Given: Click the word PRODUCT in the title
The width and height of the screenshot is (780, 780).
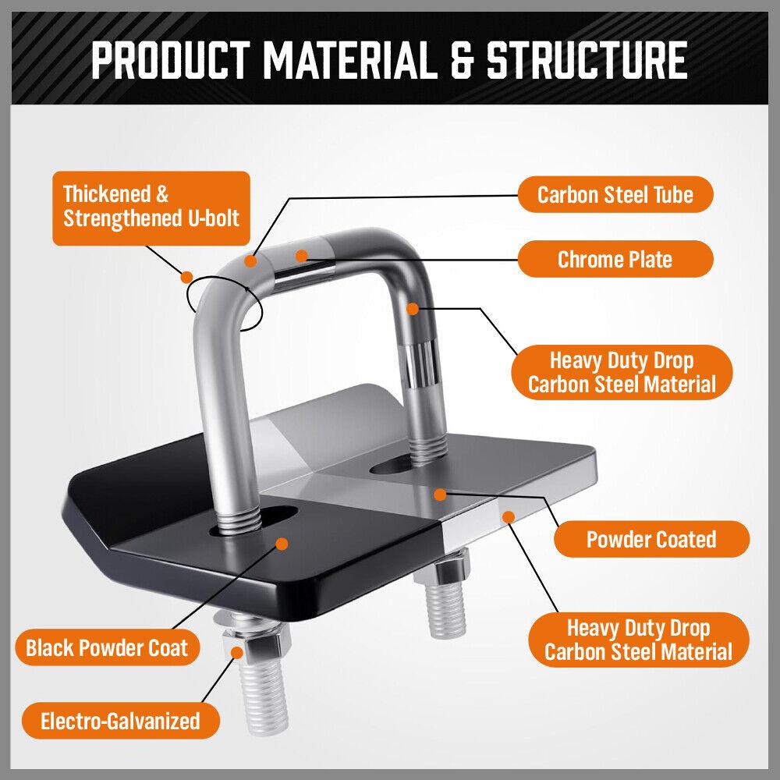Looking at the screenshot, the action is coord(171,60).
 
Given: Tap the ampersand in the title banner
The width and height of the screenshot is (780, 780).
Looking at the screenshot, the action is coord(461,60).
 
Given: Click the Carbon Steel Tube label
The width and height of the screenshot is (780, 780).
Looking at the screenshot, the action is coord(615,194).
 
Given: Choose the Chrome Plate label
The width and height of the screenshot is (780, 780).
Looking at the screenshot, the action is coord(615,259).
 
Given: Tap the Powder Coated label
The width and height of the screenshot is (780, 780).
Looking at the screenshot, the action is coord(651,539).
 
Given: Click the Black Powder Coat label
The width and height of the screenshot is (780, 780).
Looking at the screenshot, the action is coord(107,647).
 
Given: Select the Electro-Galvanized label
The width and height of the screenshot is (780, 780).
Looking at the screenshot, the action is coord(120,721).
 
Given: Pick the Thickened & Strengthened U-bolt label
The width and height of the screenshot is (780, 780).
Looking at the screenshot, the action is coord(151,208).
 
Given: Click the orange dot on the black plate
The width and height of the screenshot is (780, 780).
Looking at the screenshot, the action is coord(282,544).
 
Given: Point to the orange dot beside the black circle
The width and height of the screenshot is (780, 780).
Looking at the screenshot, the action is coord(187,277).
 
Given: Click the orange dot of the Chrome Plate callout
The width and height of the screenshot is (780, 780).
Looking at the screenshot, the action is coord(301,256).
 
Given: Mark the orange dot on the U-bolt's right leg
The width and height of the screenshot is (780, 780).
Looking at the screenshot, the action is coord(413,309).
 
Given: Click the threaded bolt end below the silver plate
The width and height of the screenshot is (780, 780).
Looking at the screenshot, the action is coord(446,604).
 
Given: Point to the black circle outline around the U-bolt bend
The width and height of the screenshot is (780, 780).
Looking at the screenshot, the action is coord(225,304).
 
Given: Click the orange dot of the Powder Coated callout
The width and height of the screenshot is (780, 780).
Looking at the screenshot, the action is coord(440,495).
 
